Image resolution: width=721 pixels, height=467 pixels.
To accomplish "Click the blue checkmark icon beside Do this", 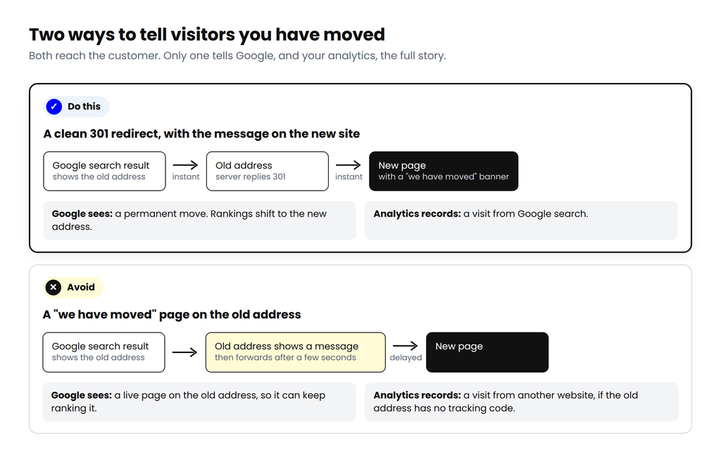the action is click(54, 106).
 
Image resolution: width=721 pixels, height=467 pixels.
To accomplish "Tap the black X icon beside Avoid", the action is click(54, 288).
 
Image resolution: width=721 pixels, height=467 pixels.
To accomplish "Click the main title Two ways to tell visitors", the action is click(207, 34).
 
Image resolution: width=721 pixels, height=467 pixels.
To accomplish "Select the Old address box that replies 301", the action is click(267, 172).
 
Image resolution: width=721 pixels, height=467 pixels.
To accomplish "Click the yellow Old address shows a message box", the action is click(295, 352).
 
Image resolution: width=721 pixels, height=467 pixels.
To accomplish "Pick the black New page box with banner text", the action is click(444, 172).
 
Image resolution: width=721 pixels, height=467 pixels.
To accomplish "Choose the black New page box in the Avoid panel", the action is click(487, 352).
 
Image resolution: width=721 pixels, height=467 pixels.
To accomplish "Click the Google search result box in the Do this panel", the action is click(104, 172).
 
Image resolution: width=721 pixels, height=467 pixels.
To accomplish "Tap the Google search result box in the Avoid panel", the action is click(104, 352).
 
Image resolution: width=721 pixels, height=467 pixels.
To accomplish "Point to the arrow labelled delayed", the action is click(405, 345).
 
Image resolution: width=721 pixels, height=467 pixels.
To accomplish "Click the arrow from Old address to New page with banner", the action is click(349, 165).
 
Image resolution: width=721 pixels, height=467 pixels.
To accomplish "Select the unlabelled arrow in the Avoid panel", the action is click(185, 352).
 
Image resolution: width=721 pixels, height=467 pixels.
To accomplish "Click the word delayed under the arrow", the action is click(406, 358).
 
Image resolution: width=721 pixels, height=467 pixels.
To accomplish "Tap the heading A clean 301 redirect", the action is click(201, 134).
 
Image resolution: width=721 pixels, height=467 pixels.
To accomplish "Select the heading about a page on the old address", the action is click(172, 314).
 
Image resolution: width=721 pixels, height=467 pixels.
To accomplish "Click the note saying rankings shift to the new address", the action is click(199, 220).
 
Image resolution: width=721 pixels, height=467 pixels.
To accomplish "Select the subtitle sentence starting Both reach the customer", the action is click(237, 56).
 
